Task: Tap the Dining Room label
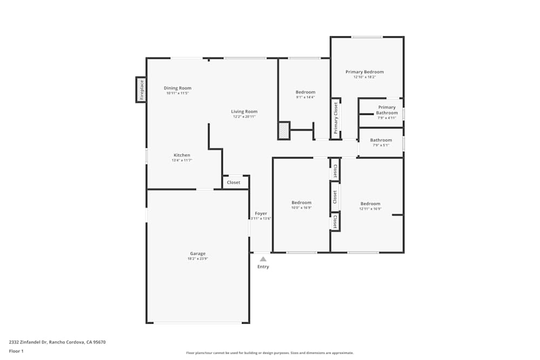178,88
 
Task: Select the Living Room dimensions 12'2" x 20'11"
244,117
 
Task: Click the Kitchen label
181,155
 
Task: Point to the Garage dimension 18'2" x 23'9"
198,259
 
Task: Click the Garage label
198,254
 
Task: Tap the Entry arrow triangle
263,259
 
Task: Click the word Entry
263,267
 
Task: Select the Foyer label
261,213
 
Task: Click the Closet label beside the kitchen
234,182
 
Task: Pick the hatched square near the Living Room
283,130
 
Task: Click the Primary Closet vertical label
335,118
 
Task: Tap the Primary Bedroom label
364,72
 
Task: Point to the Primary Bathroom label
387,110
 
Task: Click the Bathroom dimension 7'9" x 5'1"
381,145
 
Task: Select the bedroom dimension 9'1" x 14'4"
305,97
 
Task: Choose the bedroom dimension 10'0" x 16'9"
301,208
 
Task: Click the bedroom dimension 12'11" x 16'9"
370,209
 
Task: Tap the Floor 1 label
16,351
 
